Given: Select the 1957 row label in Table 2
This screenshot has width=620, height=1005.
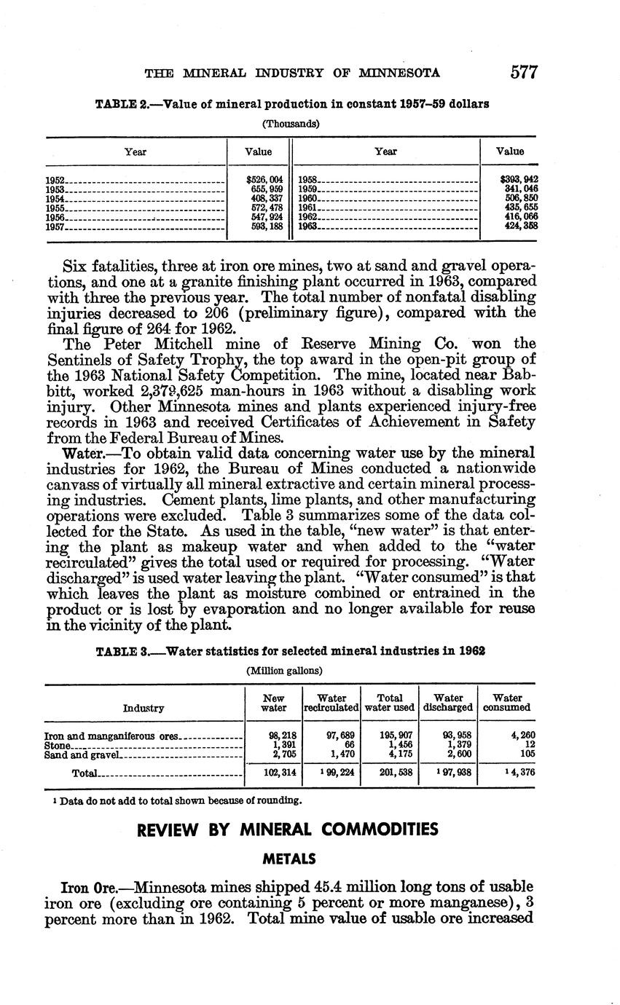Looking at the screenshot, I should [x=56, y=226].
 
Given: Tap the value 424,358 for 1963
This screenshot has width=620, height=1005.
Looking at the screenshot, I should [x=520, y=226].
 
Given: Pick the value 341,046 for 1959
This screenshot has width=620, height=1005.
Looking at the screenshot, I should [x=520, y=189].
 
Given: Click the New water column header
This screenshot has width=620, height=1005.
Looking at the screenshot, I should [x=273, y=703].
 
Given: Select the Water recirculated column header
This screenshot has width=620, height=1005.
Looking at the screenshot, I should [x=331, y=703].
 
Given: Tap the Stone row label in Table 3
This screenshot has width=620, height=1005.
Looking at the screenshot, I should [x=58, y=746].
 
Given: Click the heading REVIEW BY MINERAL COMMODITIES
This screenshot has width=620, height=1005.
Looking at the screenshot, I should [x=288, y=829].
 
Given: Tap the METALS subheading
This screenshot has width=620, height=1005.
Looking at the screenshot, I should [x=289, y=859].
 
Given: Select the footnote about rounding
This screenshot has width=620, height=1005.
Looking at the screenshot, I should [x=173, y=800].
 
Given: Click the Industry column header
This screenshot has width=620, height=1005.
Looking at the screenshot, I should [x=144, y=708].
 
